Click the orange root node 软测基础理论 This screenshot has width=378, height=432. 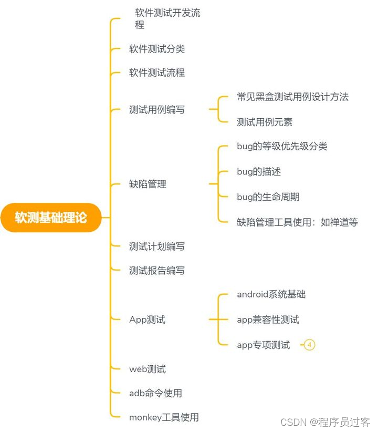tap(51, 217)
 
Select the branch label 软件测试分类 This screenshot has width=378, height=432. tap(157, 49)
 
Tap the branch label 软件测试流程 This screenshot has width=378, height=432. tap(157, 73)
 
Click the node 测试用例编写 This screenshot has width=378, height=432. tap(157, 110)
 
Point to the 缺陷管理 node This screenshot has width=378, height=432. tap(148, 184)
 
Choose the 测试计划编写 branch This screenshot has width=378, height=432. tap(157, 246)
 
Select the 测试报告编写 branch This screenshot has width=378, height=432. tap(157, 271)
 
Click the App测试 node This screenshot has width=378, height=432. tap(147, 320)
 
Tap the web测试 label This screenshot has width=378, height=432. tap(147, 369)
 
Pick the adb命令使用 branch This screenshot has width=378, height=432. tap(155, 393)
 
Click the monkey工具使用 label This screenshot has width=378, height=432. tap(164, 417)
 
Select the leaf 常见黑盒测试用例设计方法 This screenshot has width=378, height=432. tap(292, 97)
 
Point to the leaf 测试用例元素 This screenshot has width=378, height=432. tap(265, 122)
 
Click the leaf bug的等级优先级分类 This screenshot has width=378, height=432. tap(282, 146)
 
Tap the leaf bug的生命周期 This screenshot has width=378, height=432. tap(268, 197)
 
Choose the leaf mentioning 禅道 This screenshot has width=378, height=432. tap(297, 222)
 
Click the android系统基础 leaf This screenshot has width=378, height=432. tap(271, 294)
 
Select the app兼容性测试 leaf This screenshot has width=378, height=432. tap(268, 320)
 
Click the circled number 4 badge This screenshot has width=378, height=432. tap(310, 345)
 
